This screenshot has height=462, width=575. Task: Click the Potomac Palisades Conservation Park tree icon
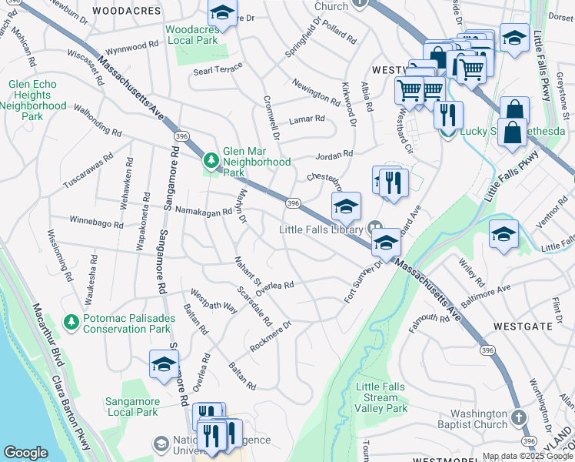[71, 320]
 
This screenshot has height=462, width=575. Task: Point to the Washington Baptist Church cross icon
[519, 417]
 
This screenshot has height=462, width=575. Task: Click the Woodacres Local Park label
[193, 36]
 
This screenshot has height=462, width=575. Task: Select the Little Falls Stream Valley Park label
[382, 397]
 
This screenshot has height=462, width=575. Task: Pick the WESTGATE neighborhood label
[529, 326]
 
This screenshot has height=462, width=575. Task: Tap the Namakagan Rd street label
[193, 211]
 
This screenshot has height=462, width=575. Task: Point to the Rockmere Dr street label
[271, 336]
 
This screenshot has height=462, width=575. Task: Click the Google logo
[26, 453]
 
